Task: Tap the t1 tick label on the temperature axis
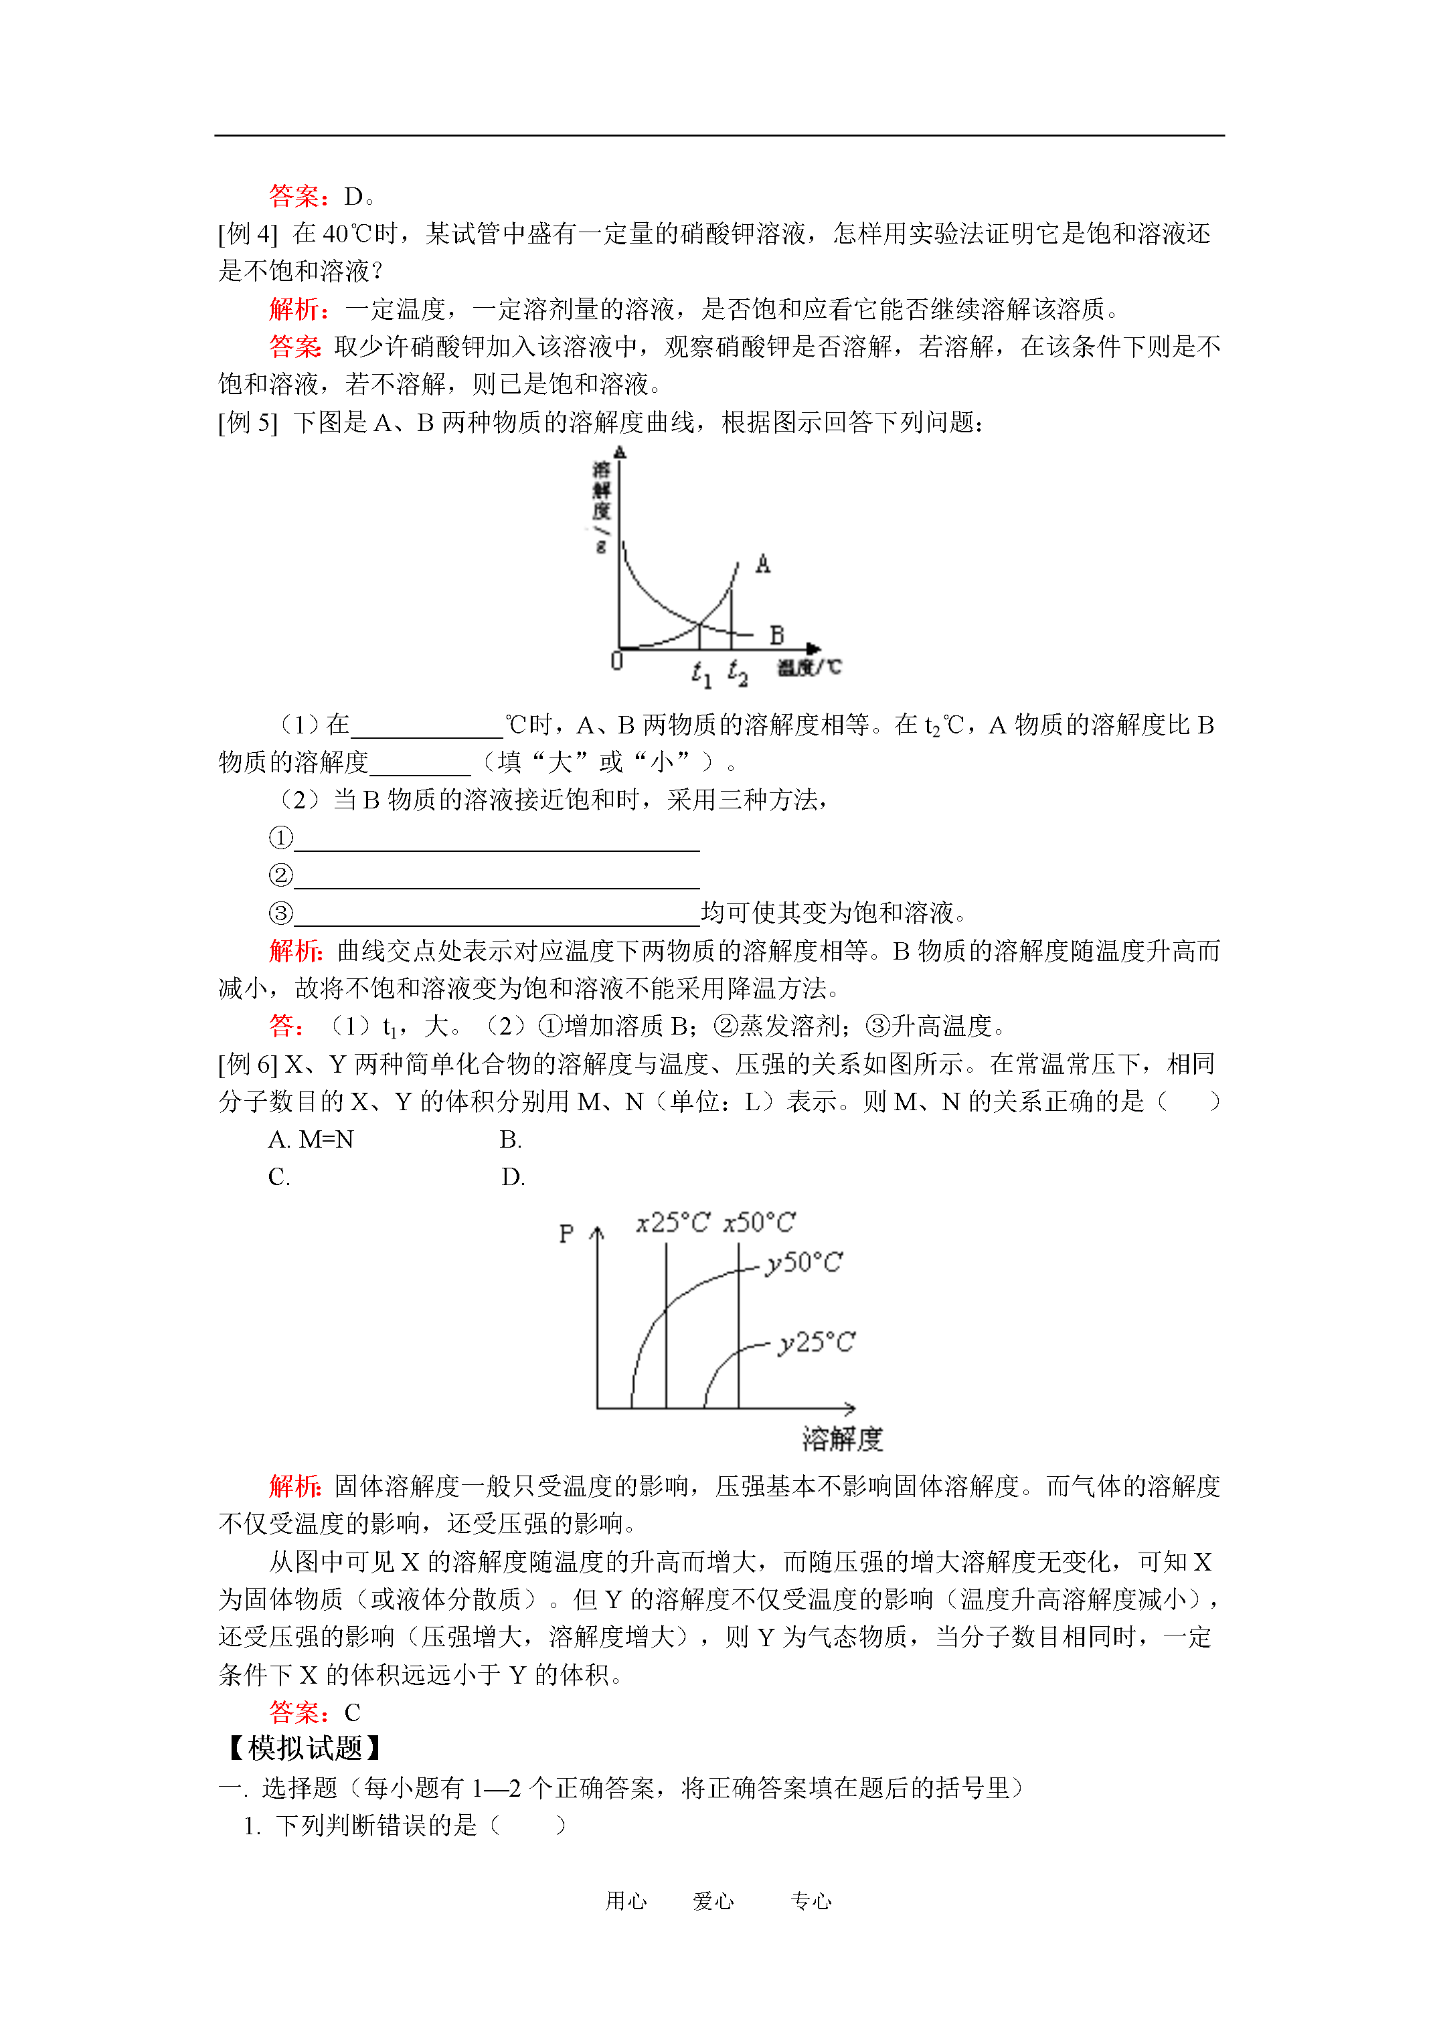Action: tap(701, 675)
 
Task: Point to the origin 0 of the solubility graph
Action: tap(617, 661)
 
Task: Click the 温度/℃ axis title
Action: tap(809, 667)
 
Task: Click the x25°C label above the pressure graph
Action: tap(673, 1223)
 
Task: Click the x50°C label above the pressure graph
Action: tap(759, 1223)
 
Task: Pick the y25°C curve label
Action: tap(817, 1343)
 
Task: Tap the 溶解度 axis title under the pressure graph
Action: tap(842, 1439)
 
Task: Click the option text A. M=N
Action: tap(311, 1139)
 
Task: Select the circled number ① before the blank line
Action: tap(280, 838)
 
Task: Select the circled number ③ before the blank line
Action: tap(280, 913)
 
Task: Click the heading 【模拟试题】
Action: tap(305, 1748)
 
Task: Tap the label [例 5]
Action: tap(248, 423)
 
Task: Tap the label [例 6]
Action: tap(248, 1063)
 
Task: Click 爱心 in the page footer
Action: tap(713, 1900)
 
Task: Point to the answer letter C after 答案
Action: tap(352, 1712)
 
